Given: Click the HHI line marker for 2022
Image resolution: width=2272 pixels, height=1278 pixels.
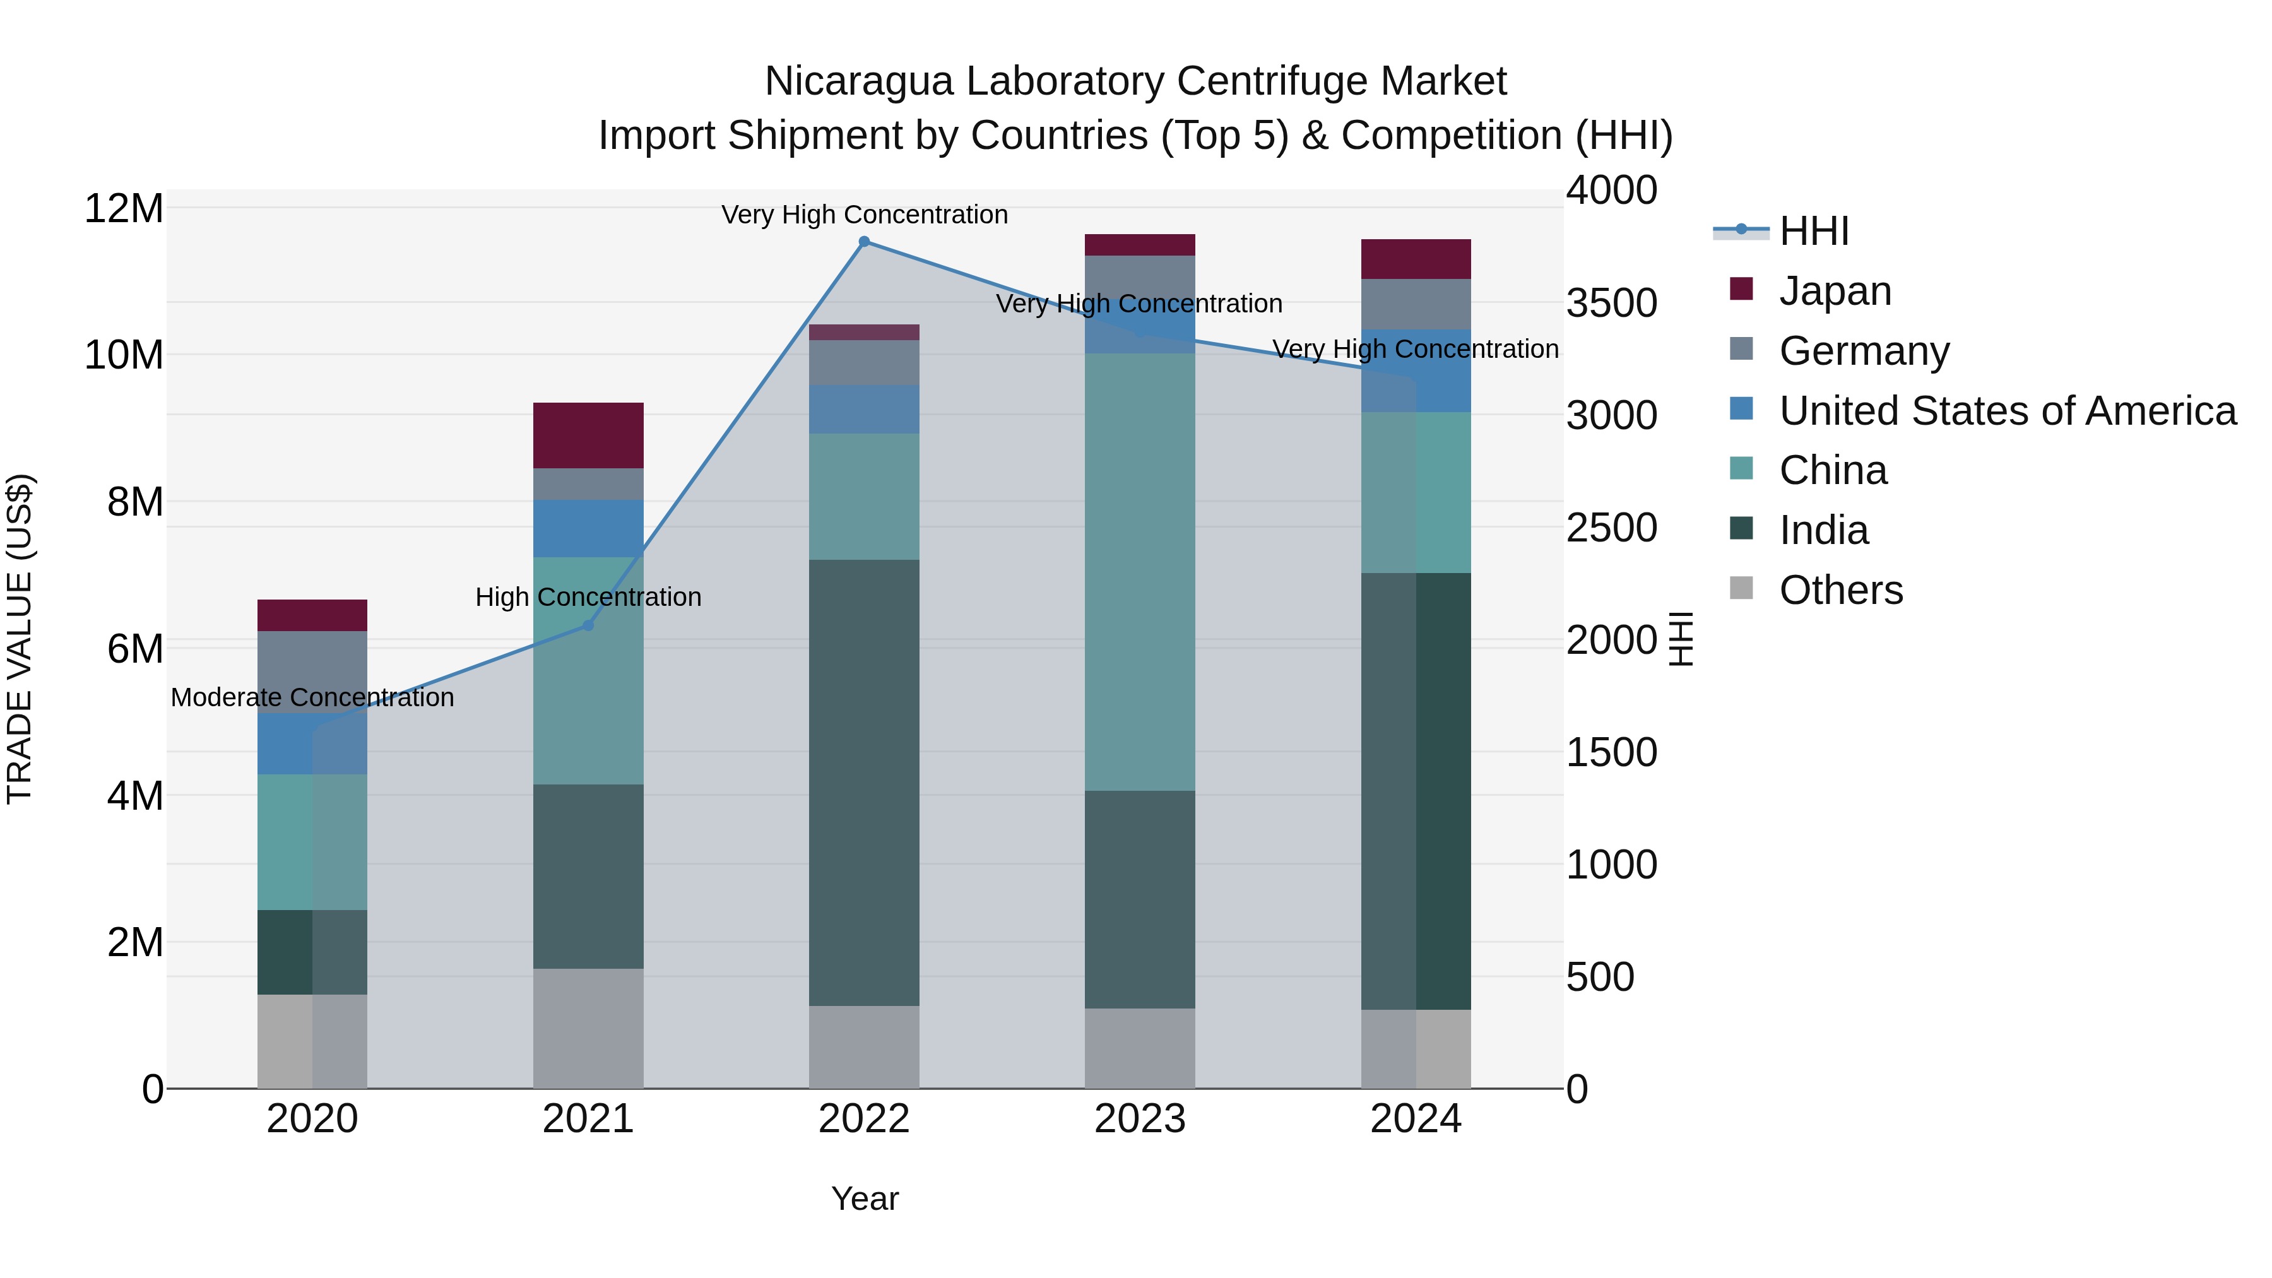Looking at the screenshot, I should (865, 242).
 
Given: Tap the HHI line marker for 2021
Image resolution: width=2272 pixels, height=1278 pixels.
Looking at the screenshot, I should (588, 625).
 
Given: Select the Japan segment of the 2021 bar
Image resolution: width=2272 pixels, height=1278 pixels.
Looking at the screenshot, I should (588, 435).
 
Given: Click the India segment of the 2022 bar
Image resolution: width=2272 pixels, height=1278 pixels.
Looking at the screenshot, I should (865, 783).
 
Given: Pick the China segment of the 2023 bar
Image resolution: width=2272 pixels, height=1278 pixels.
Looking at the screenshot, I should (1140, 572).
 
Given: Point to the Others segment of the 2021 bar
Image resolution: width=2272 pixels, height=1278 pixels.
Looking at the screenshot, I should (588, 1029).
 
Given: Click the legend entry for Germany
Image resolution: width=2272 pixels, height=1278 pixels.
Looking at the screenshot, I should (1864, 351).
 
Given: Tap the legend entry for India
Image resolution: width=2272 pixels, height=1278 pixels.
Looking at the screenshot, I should (1823, 530).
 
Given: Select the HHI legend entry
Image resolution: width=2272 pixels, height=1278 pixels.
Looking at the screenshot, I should (1813, 231).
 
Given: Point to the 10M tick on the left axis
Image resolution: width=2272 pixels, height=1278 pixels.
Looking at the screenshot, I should (124, 355).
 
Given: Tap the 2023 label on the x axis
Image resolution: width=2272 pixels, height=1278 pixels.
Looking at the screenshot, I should (1140, 1119).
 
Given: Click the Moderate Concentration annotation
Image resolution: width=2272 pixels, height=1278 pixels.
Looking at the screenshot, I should (312, 697).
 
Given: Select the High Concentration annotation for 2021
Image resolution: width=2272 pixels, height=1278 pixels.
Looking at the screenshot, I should (588, 597).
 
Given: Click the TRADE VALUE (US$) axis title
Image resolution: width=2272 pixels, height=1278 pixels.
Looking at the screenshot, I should (20, 639).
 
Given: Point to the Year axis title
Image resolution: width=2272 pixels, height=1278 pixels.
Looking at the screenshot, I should (865, 1198).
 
